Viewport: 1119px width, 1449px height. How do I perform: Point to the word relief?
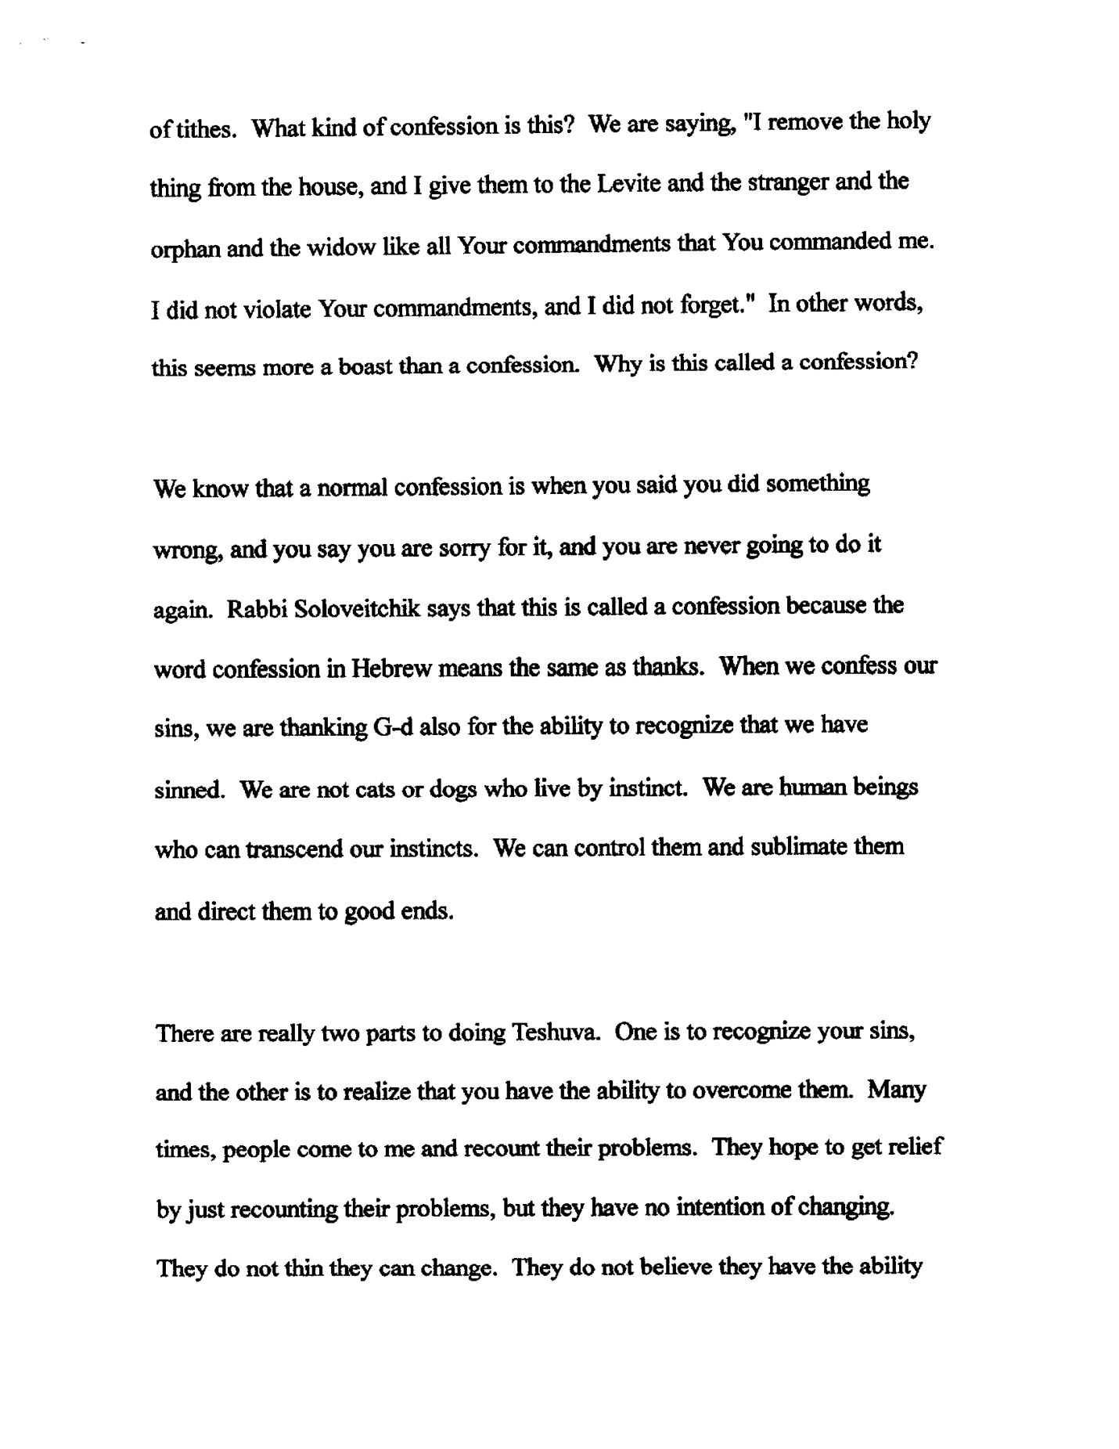pyautogui.click(x=916, y=1148)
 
